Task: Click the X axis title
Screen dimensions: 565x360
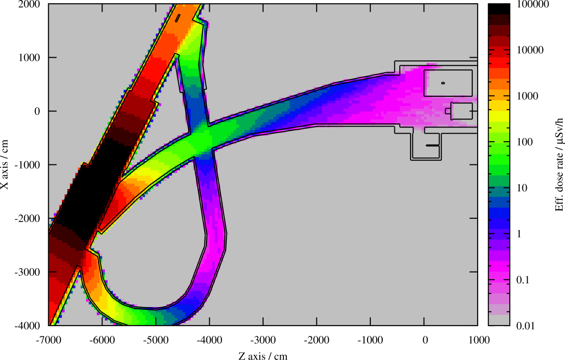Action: tap(5, 164)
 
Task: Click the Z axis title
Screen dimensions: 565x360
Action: tap(263, 356)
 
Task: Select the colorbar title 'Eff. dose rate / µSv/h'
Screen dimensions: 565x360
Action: tap(559, 164)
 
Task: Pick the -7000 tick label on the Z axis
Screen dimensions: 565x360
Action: tap(49, 340)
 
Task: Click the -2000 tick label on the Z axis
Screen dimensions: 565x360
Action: tap(317, 340)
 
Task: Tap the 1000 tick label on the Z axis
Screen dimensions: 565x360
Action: tap(478, 340)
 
